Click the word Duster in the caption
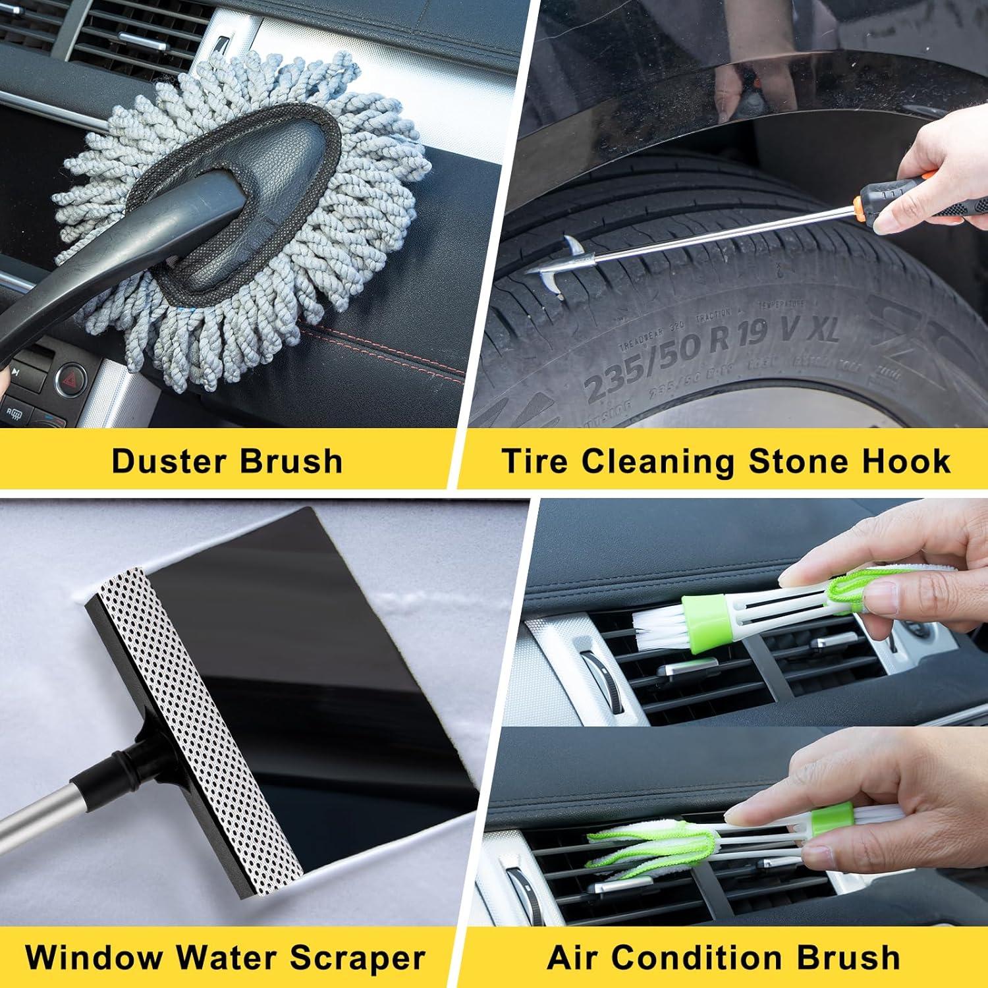coord(168,461)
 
